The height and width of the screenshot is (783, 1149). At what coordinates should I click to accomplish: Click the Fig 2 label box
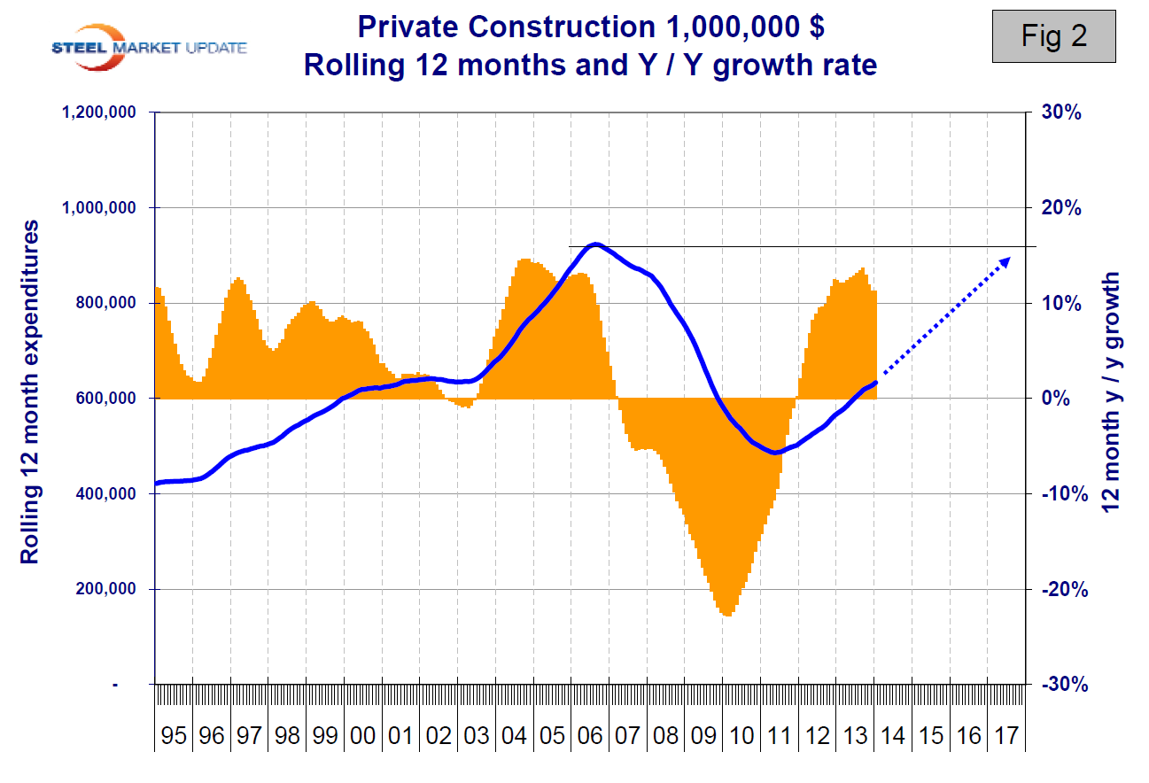[x=1053, y=36]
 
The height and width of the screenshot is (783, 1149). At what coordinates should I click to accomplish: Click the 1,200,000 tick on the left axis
[x=97, y=112]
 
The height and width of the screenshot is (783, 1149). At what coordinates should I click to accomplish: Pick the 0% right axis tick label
[x=1052, y=399]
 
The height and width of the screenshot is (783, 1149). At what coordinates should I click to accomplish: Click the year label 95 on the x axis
[x=174, y=736]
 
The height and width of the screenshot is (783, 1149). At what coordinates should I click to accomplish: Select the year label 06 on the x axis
[x=590, y=736]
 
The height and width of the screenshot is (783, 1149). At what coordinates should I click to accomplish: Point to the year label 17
[x=1006, y=736]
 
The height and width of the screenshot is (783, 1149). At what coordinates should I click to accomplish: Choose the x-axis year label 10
[x=741, y=736]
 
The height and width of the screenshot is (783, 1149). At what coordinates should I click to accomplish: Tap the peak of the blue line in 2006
[x=595, y=244]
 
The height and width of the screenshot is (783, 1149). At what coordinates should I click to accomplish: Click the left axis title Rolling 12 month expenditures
[x=30, y=392]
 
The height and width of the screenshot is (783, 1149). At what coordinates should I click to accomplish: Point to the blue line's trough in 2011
[x=774, y=453]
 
